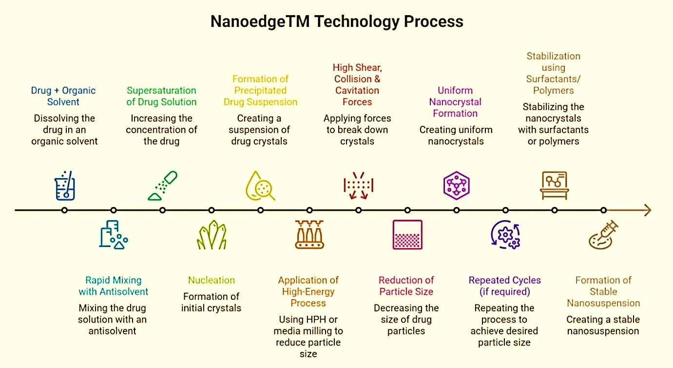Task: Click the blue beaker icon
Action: pyautogui.click(x=65, y=185)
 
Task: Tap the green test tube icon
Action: pyautogui.click(x=163, y=185)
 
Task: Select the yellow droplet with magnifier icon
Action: pyautogui.click(x=260, y=185)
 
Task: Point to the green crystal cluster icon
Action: pyautogui.click(x=212, y=235)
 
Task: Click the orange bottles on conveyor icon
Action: pyautogui.click(x=309, y=235)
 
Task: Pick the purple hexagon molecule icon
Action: pyautogui.click(x=456, y=185)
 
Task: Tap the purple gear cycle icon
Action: pyautogui.click(x=506, y=235)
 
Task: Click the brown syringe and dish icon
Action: pyautogui.click(x=603, y=235)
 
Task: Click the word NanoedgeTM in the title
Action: pyautogui.click(x=260, y=21)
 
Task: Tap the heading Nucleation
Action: pyautogui.click(x=212, y=280)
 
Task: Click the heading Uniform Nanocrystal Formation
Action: pyautogui.click(x=455, y=102)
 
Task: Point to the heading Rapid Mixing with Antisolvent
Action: pyautogui.click(x=113, y=286)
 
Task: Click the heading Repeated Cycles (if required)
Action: pyautogui.click(x=505, y=286)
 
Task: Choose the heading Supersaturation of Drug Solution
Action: pyautogui.click(x=161, y=96)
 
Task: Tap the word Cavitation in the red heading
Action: pyautogui.click(x=357, y=91)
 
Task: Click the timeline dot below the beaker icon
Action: pyautogui.click(x=64, y=210)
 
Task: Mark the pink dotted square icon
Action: pyautogui.click(x=407, y=235)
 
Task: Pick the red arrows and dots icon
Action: pyautogui.click(x=359, y=185)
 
